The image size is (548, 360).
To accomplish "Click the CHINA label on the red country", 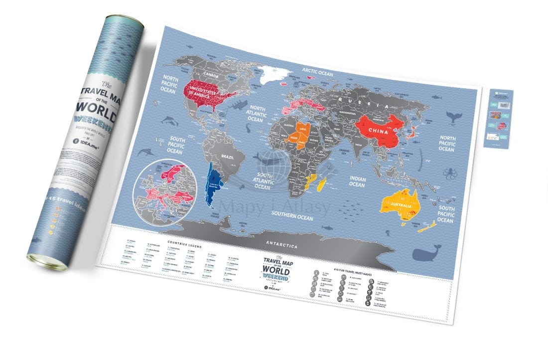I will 381,130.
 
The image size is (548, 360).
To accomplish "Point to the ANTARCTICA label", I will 282,246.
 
